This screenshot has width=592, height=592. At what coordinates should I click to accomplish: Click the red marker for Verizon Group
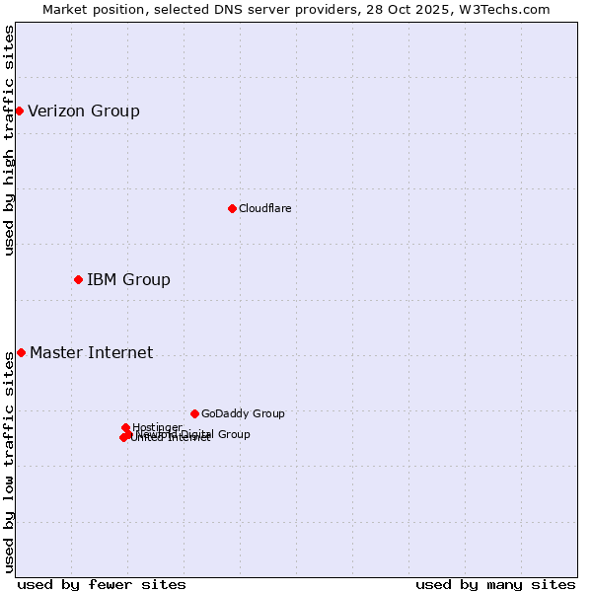coord(19,111)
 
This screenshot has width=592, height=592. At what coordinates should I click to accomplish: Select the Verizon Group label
coord(84,111)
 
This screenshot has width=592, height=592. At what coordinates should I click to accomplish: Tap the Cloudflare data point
coord(232,208)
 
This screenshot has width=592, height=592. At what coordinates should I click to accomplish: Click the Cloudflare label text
coord(264,209)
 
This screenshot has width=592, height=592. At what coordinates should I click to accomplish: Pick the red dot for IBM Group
coord(78,279)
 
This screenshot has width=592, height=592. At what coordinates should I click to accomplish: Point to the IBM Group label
coord(128,280)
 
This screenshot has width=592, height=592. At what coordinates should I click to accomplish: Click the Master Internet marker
coord(21,352)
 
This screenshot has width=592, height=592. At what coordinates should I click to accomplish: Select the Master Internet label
coord(92,353)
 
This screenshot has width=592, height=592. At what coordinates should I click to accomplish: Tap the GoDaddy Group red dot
coord(194,413)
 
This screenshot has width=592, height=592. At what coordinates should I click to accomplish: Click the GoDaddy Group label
coord(243,414)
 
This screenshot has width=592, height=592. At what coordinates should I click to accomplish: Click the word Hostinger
coord(157,427)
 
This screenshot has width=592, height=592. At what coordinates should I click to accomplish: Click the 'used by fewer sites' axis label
coord(102,584)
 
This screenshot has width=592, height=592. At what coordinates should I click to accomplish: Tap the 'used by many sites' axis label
coord(495,584)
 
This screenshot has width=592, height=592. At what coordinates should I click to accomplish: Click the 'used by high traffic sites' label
coord(9,140)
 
